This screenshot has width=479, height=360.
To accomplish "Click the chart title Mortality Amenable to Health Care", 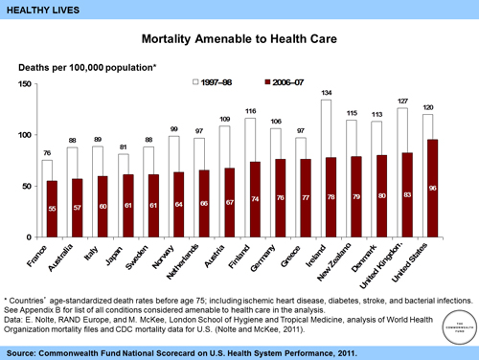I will (239, 41).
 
